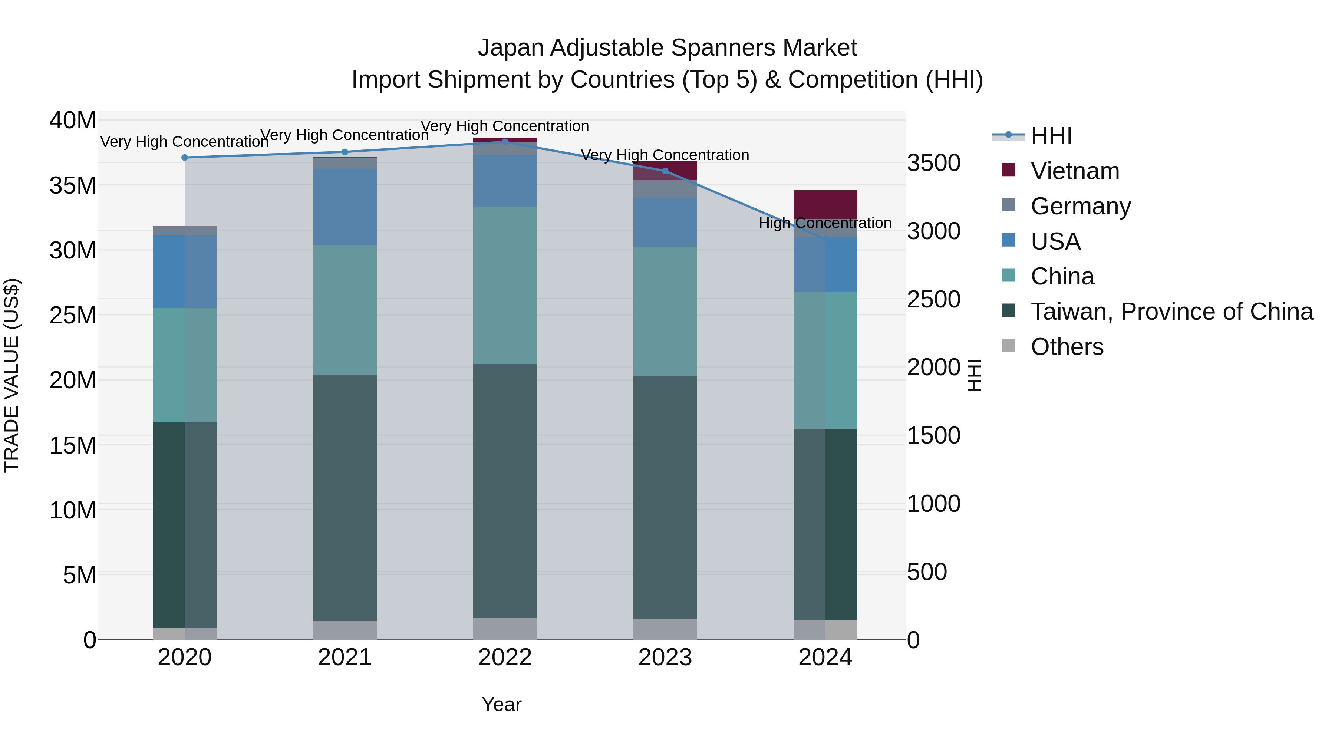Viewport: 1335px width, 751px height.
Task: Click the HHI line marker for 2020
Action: click(x=185, y=158)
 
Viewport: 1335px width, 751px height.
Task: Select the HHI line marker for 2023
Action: click(x=665, y=171)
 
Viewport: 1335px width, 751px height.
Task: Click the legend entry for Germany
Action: click(x=1081, y=206)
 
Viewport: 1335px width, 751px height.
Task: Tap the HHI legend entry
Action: click(x=1051, y=136)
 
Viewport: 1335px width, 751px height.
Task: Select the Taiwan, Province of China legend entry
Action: click(x=1171, y=312)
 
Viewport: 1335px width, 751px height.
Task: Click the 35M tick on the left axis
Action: click(x=73, y=185)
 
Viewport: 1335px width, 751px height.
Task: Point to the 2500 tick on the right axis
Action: click(x=933, y=300)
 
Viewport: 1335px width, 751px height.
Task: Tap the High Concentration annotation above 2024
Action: click(x=825, y=223)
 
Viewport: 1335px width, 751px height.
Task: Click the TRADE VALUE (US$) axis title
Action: click(x=12, y=375)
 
